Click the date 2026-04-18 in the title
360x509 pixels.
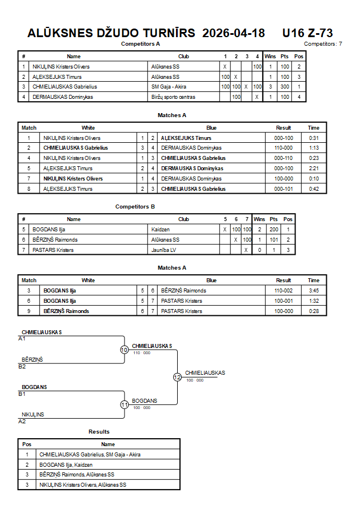click(233, 33)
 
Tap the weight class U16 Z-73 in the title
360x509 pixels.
click(307, 33)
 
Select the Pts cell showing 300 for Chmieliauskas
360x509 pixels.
click(285, 87)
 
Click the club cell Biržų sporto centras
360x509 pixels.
click(173, 97)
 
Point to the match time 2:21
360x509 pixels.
click(314, 169)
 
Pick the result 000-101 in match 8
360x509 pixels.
click(283, 189)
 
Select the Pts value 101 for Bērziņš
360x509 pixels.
click(274, 240)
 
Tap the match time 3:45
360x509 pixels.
click(314, 291)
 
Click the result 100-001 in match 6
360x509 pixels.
click(283, 301)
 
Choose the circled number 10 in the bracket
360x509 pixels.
click(125, 350)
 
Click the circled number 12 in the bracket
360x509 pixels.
click(177, 377)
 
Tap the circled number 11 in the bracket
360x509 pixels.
click(125, 405)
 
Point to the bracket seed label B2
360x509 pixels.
click(22, 367)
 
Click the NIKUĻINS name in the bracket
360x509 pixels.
click(33, 415)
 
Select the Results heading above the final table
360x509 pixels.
click(99, 432)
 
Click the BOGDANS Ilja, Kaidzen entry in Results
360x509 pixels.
click(66, 465)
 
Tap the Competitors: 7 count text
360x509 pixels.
click(323, 44)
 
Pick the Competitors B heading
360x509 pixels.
click(135, 207)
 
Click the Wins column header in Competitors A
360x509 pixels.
click(270, 57)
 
